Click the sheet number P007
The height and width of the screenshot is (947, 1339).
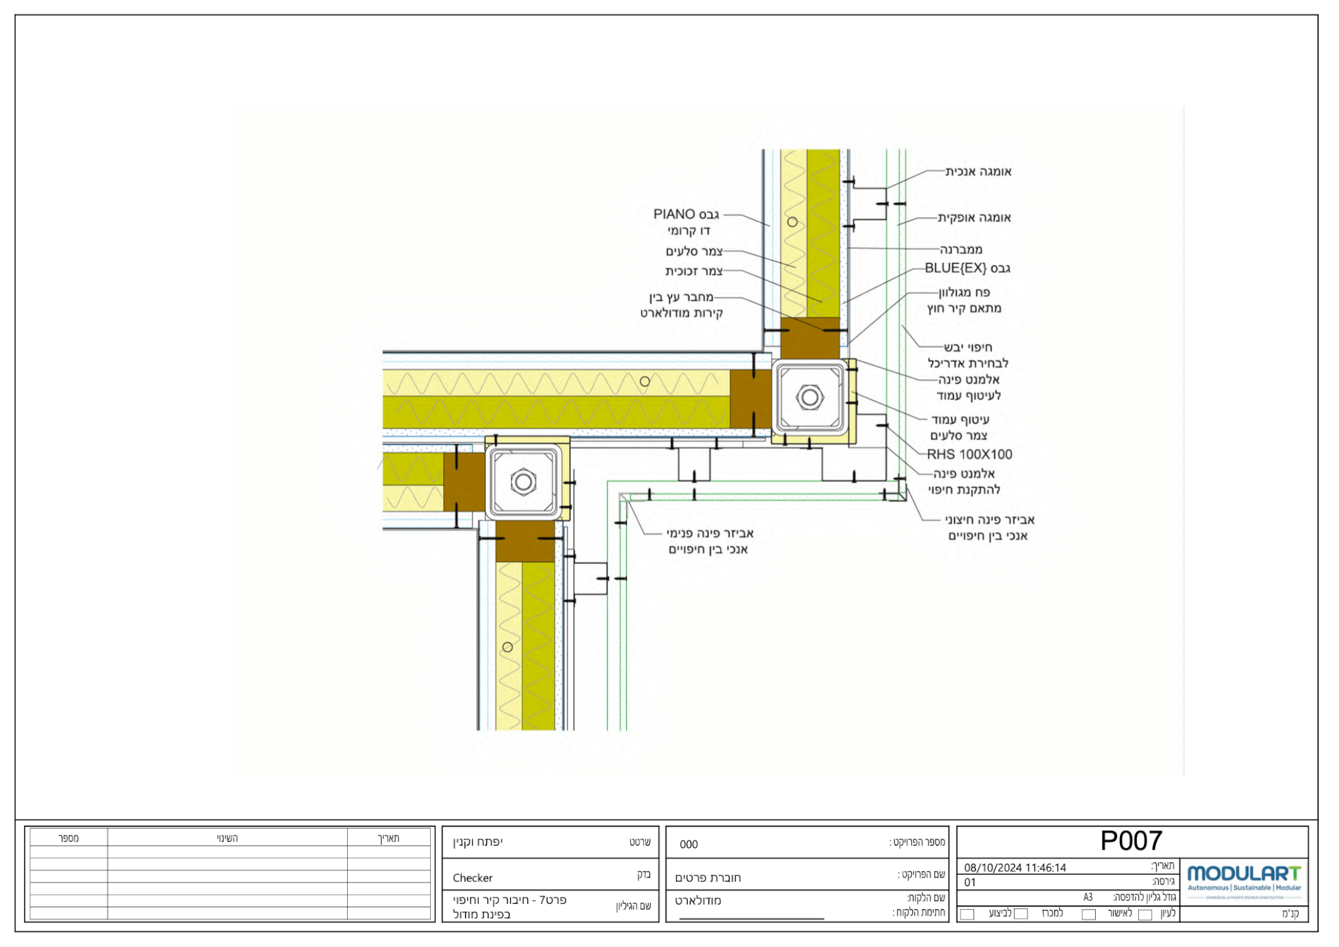tap(1131, 840)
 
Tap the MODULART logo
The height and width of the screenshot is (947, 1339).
tap(1244, 874)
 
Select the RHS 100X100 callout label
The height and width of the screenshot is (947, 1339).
tap(969, 454)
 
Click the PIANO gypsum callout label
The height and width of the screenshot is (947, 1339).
tap(686, 214)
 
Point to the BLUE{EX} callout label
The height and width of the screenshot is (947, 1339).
tap(967, 268)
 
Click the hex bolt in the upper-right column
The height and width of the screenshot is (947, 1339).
tap(810, 397)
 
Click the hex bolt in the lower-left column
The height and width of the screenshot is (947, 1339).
tap(523, 482)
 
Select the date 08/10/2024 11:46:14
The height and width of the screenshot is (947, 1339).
tap(1015, 867)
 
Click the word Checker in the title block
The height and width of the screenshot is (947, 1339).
tap(472, 878)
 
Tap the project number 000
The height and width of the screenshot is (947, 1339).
tap(688, 844)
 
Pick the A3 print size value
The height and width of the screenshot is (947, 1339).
tap(1087, 897)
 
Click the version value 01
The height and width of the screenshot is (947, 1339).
tap(970, 882)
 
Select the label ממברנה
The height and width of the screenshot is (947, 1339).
tap(961, 249)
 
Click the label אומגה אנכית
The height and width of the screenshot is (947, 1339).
tap(978, 172)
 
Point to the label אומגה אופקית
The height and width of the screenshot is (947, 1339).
tap(974, 218)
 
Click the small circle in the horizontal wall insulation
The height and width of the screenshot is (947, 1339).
tap(645, 381)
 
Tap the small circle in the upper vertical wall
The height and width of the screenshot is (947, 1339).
tap(792, 222)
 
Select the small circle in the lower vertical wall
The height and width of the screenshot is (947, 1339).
tap(507, 647)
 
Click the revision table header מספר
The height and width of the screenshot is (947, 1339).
tap(69, 838)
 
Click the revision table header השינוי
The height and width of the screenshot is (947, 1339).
tap(227, 838)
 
